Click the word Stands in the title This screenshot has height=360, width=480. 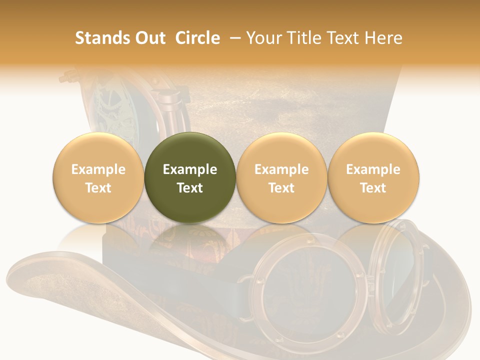99,38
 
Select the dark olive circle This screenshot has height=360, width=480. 189,178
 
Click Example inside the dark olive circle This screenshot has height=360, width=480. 189,169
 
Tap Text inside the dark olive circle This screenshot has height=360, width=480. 189,188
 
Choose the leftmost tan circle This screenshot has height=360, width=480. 98,178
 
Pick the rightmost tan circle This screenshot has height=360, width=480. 373,178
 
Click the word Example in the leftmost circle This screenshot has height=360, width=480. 98,169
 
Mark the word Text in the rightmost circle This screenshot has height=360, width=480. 373,188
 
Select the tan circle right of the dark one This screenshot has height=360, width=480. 281,178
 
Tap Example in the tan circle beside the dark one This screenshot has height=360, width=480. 281,169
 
